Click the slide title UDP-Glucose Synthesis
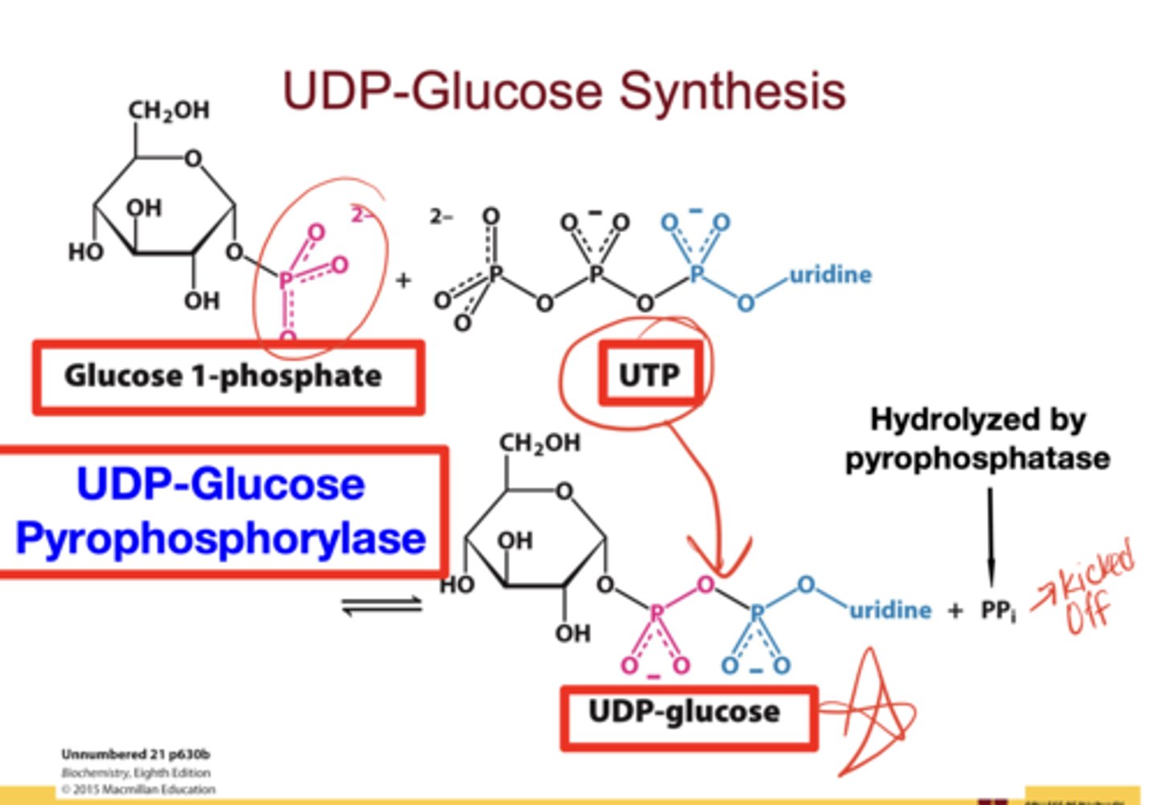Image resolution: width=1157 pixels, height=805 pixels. (563, 90)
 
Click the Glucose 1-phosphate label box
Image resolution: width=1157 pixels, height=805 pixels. (227, 376)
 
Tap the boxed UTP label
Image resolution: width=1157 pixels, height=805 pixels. (650, 374)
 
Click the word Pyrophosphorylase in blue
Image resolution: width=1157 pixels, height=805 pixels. (220, 538)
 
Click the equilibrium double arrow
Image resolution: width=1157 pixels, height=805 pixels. (382, 605)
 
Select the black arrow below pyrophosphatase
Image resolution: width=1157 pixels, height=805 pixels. (990, 534)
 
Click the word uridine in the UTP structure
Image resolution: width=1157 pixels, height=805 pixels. (831, 275)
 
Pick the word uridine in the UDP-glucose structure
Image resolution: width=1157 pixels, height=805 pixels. (890, 611)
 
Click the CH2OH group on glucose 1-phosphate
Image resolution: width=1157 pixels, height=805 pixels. (169, 110)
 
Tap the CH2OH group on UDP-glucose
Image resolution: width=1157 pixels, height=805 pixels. (540, 443)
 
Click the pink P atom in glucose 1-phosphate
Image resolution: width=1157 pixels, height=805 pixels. (286, 280)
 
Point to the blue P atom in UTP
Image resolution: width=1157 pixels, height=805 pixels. (697, 274)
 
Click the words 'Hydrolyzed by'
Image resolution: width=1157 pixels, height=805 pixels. (978, 419)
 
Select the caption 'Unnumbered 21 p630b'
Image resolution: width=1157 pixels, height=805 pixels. (136, 754)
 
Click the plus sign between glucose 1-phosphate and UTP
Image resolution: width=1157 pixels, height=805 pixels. (403, 280)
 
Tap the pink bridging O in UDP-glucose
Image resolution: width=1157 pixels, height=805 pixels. (705, 585)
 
